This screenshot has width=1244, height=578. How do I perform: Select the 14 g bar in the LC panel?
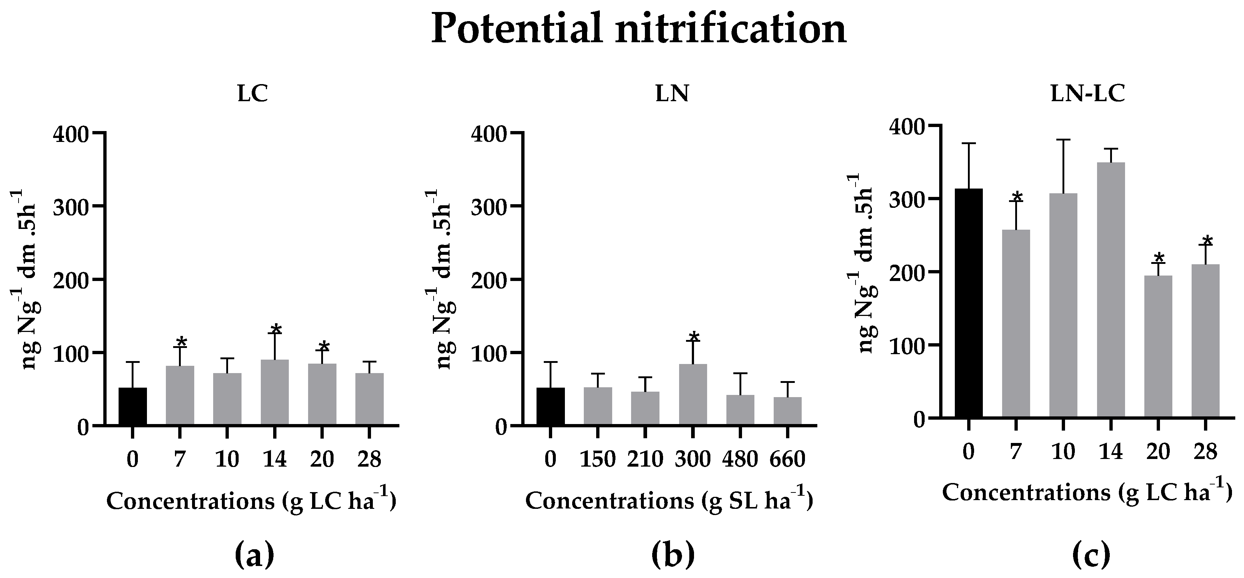click(274, 392)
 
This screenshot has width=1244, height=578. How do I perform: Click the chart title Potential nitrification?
click(638, 29)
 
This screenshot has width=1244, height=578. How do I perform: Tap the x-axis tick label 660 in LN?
click(787, 459)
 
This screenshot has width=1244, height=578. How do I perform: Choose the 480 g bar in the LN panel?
click(740, 410)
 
